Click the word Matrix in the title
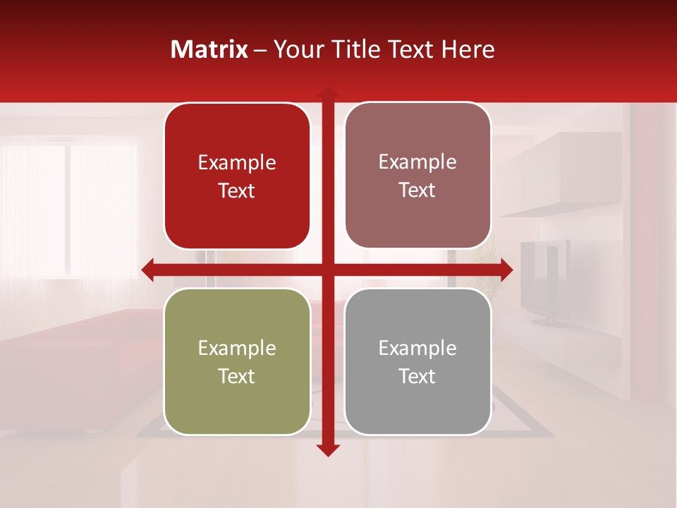(209, 49)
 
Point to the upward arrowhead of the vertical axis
(328, 93)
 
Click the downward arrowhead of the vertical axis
(328, 449)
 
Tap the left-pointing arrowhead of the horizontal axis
(149, 270)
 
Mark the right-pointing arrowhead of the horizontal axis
(506, 270)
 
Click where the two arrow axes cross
(328, 270)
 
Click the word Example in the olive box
(237, 348)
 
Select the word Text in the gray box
(417, 376)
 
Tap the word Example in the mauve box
(417, 162)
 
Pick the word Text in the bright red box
(237, 190)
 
